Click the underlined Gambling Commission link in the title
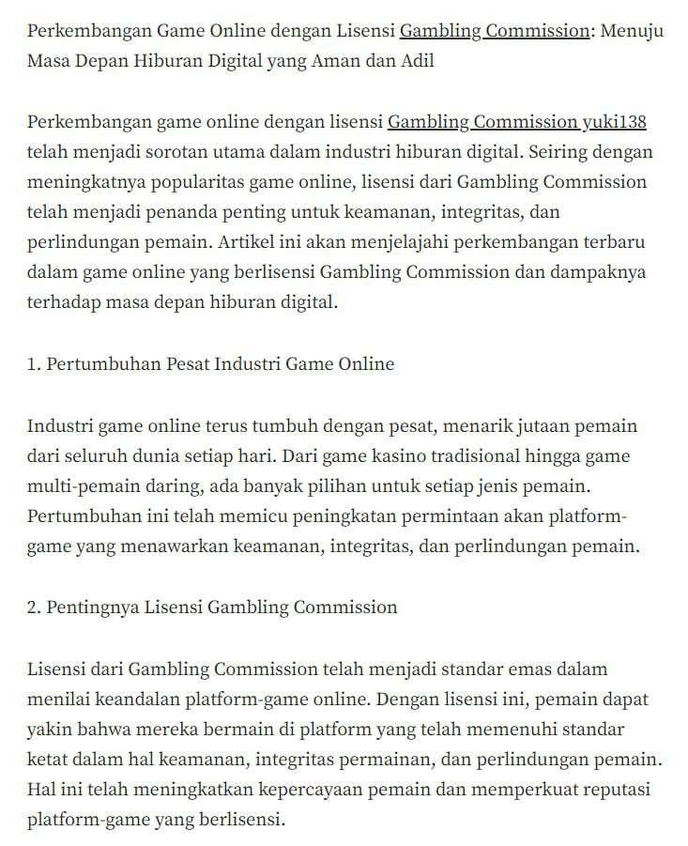click(494, 31)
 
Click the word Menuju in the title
click(632, 31)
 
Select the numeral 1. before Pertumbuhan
click(35, 364)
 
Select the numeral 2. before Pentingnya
click(35, 608)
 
